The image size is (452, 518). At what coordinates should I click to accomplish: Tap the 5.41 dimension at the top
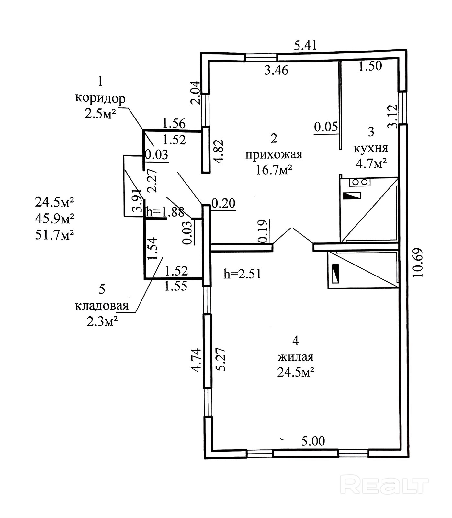click(305, 45)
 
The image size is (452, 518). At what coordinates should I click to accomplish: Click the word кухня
click(371, 148)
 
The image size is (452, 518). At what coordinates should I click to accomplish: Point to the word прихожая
click(274, 155)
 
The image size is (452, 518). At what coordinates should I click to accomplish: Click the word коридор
click(100, 98)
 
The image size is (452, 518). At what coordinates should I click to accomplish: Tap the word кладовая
click(102, 305)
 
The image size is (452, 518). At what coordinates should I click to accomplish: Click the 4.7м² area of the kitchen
click(371, 164)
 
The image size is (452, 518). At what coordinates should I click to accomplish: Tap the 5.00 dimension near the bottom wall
click(313, 441)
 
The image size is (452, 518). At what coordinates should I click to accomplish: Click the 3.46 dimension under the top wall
click(276, 70)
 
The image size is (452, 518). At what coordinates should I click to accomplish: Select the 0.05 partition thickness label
click(326, 127)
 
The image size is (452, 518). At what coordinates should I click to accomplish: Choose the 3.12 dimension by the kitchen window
click(392, 116)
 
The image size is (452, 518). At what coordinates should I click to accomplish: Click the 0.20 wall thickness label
click(223, 203)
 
